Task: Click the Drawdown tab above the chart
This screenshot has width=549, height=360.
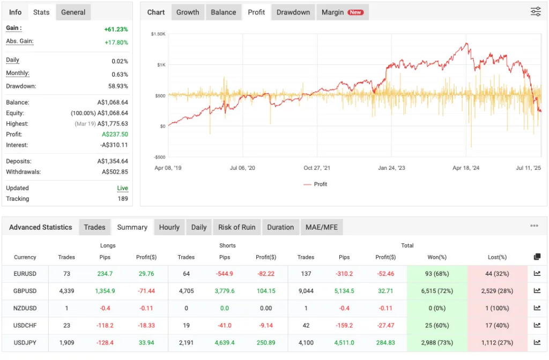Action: [x=293, y=12]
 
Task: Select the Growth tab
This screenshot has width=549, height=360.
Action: [x=188, y=12]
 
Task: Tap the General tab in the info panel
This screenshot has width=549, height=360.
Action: [x=73, y=12]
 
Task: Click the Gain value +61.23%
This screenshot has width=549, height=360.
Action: [x=116, y=29]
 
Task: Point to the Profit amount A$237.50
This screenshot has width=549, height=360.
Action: [x=113, y=134]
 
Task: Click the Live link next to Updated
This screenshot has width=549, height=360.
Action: [x=123, y=189]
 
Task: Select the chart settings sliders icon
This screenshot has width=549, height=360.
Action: [x=535, y=12]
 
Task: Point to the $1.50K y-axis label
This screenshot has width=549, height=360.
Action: [x=158, y=34]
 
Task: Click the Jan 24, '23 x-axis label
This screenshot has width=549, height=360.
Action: [x=391, y=168]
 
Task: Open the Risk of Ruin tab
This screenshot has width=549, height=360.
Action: [x=236, y=227]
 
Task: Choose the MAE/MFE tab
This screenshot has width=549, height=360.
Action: [x=322, y=227]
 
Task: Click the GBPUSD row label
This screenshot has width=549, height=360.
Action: [x=25, y=291]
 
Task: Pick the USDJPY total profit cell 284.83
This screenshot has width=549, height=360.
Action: [x=385, y=342]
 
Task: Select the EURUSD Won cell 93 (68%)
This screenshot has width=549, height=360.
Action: [x=437, y=274]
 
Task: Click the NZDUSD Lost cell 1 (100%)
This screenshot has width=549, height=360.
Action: [x=498, y=308]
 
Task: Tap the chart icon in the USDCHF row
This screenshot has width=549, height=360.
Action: [x=537, y=325]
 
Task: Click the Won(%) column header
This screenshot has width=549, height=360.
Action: [x=437, y=257]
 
